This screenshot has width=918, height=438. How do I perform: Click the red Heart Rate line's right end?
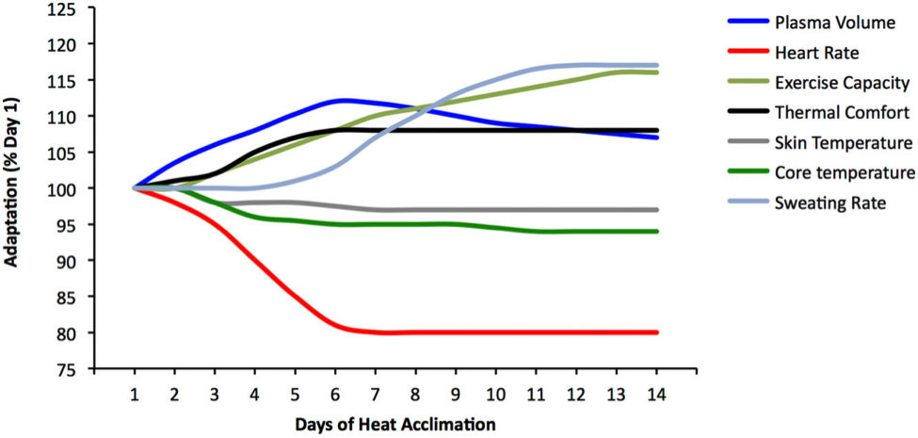click(x=657, y=333)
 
